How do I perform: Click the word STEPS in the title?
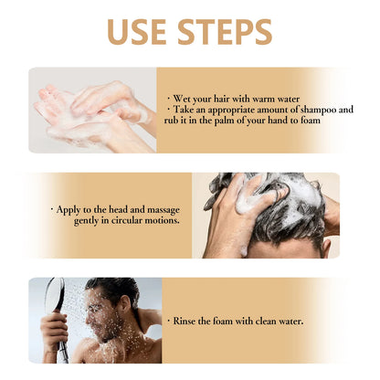(223, 32)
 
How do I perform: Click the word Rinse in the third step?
(189, 321)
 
